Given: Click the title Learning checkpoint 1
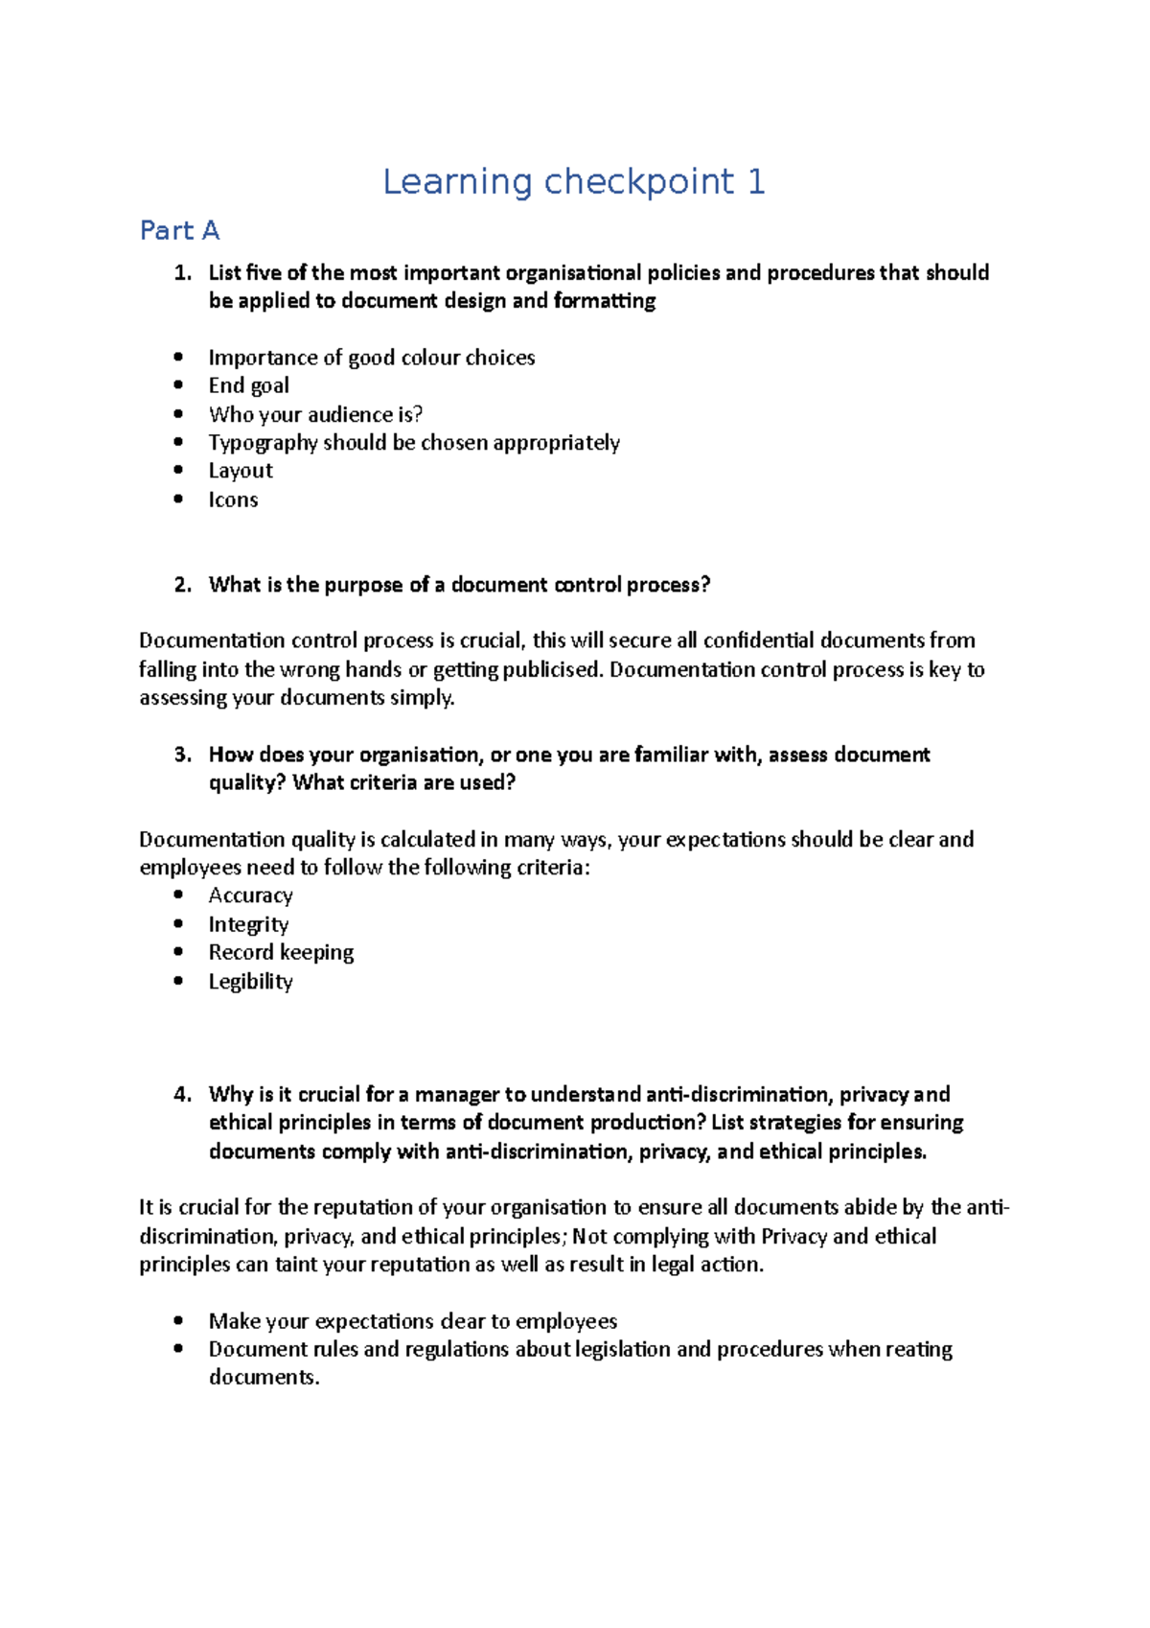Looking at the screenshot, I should coord(573,181).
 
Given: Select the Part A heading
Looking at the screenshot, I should coord(179,231).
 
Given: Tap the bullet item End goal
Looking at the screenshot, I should coord(248,385).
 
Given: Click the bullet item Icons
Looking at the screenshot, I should coord(233,500).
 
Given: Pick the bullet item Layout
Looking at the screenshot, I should coord(241,471).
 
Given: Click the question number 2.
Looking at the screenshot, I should coord(182,585).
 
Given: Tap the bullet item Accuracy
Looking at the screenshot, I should coord(250,895).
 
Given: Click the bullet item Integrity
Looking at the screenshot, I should coord(248,924).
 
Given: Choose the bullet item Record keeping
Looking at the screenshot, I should coord(281,952).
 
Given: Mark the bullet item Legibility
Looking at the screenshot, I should coord(250,981).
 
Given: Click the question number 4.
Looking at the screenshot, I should coord(182,1094).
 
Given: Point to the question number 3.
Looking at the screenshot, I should coord(182,755).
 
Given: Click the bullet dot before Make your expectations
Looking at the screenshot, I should coord(178,1320).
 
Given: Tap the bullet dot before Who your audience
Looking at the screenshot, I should coord(178,413).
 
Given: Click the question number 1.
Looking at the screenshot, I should coord(182,272).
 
